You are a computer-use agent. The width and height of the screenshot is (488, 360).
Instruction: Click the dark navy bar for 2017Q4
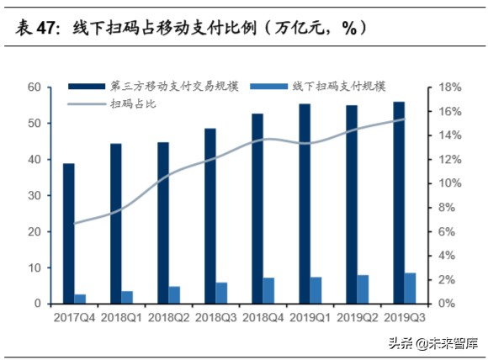coord(68,233)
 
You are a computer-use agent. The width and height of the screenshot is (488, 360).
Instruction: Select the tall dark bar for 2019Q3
coord(398,203)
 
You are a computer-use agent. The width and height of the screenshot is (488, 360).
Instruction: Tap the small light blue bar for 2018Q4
coord(268,290)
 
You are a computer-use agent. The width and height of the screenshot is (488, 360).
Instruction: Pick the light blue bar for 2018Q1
coord(127,297)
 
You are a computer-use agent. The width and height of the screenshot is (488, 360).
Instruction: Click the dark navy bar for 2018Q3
coord(210,216)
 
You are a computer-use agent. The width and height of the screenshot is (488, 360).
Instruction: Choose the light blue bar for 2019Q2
coord(363,289)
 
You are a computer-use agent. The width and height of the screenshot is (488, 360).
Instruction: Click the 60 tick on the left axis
coord(35,87)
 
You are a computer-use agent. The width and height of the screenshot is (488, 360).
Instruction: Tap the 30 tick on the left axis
coord(35,195)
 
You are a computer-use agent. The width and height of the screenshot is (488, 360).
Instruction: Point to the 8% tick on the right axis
coord(443,208)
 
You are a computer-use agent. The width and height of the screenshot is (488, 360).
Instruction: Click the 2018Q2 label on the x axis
coord(168,318)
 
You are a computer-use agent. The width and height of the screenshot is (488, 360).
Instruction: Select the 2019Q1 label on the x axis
coord(310,318)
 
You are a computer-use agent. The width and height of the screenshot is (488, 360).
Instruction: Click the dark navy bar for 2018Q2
coord(162,223)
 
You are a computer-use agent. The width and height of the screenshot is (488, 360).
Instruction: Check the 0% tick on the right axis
coord(443,304)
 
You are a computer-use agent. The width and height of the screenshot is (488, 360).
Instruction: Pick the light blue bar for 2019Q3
coord(410,288)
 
